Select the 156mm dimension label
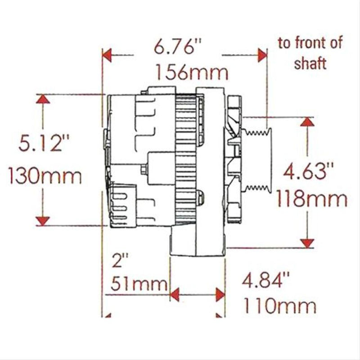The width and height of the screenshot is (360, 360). click(190, 72)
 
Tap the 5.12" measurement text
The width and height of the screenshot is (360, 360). click(44, 145)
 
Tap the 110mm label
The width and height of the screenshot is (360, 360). click(279, 307)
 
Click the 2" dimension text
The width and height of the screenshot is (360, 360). click(121, 261)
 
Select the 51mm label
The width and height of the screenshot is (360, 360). click(137, 284)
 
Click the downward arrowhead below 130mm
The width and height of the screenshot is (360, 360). click(43, 220)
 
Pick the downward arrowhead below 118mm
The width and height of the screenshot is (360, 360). click(308, 243)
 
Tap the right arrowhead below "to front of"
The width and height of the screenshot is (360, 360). click(261, 56)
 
